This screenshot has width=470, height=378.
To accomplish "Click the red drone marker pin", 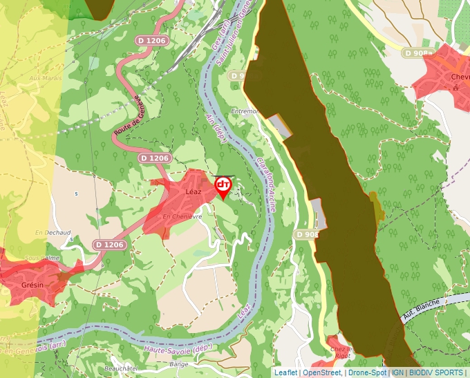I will [223, 186].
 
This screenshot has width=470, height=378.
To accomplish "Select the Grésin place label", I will [32, 285].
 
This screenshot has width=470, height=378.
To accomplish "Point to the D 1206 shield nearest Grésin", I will [110, 245].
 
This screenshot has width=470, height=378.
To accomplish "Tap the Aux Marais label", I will [41, 79].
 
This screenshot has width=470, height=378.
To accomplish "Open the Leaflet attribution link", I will [285, 372].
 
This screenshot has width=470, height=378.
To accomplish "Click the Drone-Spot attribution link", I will [366, 372].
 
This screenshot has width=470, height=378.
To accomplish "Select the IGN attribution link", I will [398, 372].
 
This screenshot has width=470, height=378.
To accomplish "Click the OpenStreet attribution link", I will [321, 372].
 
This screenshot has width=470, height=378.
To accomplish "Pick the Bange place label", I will [178, 363].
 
